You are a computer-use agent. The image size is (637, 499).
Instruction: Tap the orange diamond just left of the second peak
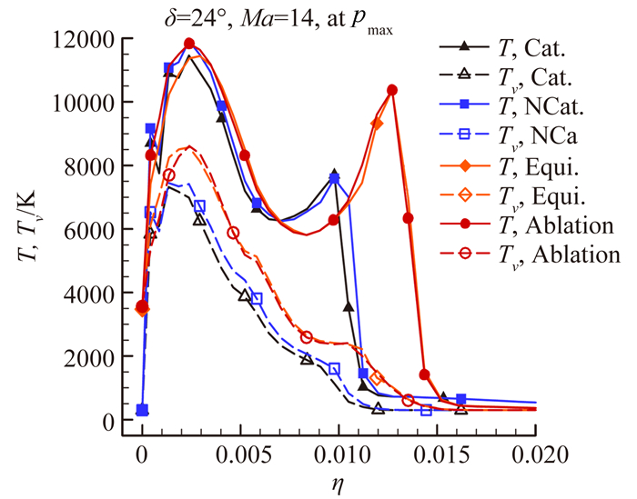point(378,123)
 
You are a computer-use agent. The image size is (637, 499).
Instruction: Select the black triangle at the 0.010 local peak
point(334,174)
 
